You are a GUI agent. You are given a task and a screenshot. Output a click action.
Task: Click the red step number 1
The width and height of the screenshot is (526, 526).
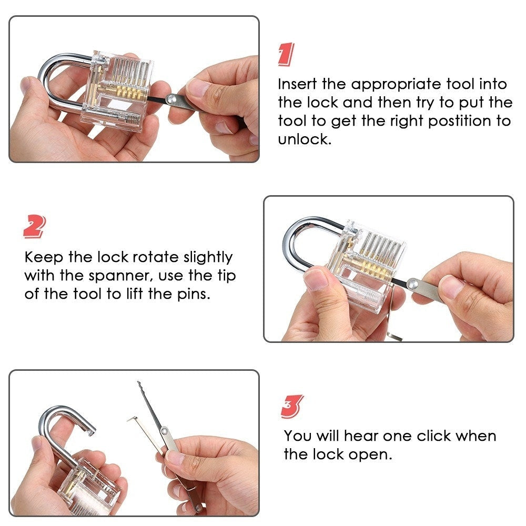point(285,55)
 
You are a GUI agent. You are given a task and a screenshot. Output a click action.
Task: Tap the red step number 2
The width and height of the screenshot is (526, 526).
point(34,227)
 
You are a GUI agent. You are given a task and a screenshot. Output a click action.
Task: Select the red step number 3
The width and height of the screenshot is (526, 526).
point(292,407)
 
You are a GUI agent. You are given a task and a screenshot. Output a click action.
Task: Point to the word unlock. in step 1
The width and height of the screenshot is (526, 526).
point(305,140)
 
